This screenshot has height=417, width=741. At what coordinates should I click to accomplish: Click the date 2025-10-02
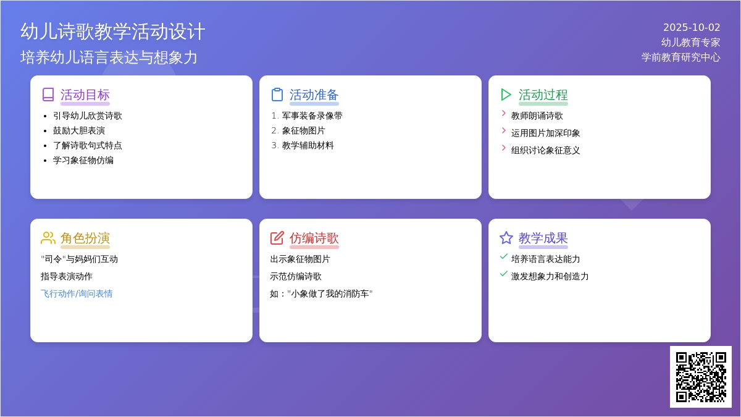tap(692, 27)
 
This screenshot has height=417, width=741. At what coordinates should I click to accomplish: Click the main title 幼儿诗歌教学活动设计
tap(113, 32)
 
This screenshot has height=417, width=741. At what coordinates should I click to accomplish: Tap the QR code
tap(701, 377)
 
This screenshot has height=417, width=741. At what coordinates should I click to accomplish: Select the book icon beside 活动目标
tap(48, 95)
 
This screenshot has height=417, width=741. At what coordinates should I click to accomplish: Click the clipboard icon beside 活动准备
tap(277, 95)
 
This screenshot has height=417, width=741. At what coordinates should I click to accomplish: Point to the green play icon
tap(506, 95)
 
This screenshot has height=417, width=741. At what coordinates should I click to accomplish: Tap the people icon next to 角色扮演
tap(48, 238)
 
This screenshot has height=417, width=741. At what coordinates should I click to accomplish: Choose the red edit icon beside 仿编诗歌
tap(277, 238)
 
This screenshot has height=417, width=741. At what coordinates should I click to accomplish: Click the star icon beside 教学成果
tap(506, 238)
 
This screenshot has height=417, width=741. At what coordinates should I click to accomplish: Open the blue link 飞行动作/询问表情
tap(77, 293)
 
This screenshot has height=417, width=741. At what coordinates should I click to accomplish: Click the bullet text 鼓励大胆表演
tap(79, 131)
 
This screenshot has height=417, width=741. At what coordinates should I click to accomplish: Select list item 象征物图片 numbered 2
tap(303, 131)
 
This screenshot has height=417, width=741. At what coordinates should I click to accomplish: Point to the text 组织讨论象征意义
tap(545, 151)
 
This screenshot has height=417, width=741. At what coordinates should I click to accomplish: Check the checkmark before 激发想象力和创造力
tap(504, 274)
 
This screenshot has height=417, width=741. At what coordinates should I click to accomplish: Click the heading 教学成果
tap(543, 238)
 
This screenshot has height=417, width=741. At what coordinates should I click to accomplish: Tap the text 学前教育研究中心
tap(680, 57)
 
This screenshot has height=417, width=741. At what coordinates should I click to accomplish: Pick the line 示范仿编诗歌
tap(296, 276)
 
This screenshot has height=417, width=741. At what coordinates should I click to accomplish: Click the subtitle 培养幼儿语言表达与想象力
tap(109, 57)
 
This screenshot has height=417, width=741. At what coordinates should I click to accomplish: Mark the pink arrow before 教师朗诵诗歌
tap(504, 114)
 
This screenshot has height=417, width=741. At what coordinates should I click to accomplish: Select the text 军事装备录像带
tap(312, 116)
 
